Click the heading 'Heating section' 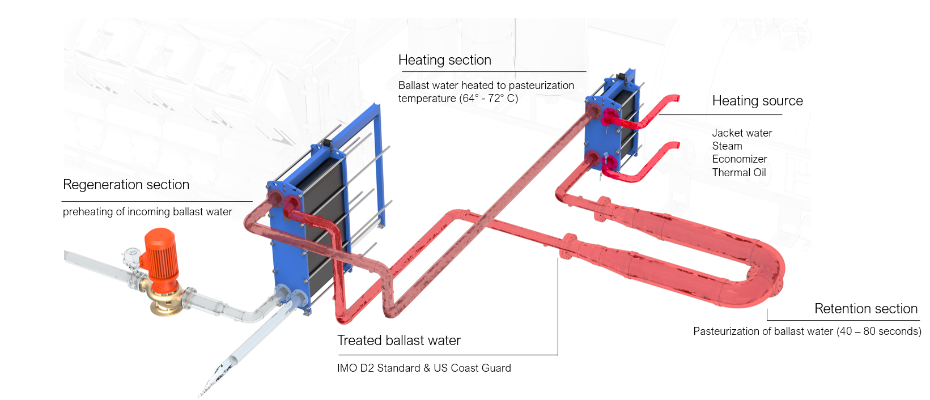click(444, 60)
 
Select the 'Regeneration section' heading click(126, 185)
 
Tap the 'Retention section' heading click(865, 309)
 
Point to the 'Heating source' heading click(757, 101)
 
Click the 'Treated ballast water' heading click(398, 341)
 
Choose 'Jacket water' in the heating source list click(742, 133)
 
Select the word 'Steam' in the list click(727, 146)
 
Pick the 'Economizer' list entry click(739, 159)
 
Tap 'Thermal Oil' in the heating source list click(738, 173)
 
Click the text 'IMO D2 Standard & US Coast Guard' click(423, 368)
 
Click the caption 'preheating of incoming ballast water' click(147, 212)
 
